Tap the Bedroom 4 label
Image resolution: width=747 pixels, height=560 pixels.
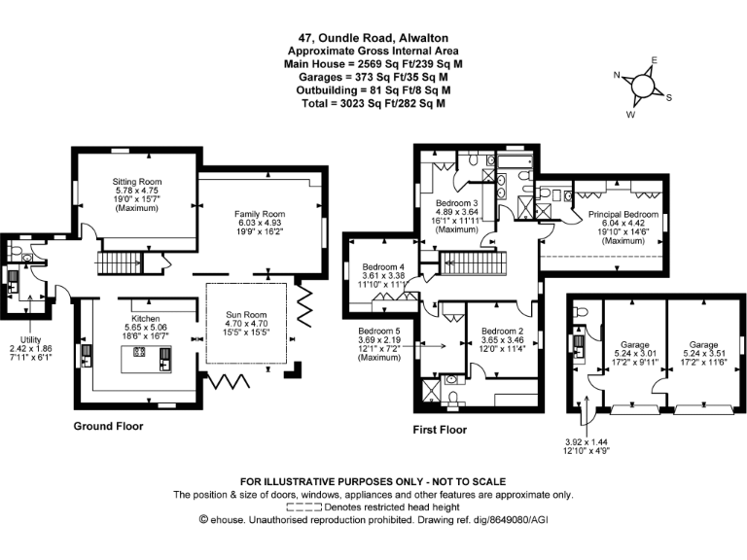(x=383, y=266)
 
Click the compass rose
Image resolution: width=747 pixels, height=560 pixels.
(x=642, y=86)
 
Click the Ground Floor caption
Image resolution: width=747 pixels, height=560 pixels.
(x=109, y=426)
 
